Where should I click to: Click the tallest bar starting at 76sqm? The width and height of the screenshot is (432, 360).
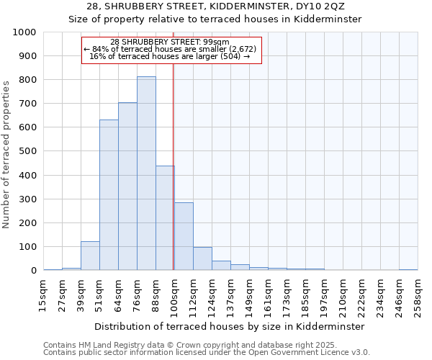(x=146, y=174)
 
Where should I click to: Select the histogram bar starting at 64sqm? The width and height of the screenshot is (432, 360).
(x=127, y=186)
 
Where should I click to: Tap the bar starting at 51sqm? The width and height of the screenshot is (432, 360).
(x=109, y=195)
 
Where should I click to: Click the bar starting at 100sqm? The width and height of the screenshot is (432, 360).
(x=184, y=237)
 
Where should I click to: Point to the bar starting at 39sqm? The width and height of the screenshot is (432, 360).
(x=90, y=256)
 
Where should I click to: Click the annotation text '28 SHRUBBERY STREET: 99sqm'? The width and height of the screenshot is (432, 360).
(x=170, y=42)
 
